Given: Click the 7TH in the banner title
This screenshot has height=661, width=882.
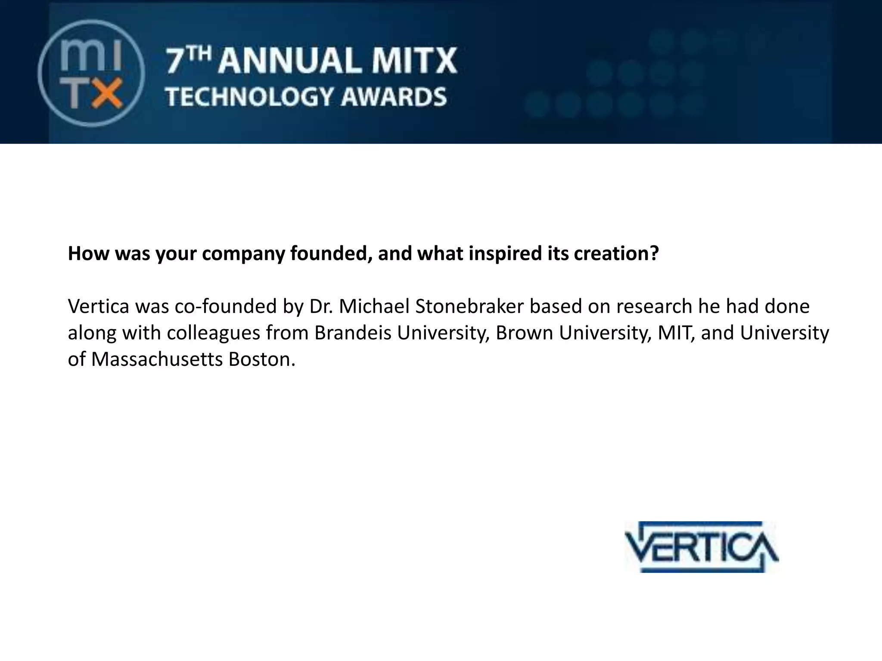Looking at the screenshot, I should [188, 61].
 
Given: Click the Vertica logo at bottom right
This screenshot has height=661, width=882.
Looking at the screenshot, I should [702, 547].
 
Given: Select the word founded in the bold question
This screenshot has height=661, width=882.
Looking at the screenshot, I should [331, 253].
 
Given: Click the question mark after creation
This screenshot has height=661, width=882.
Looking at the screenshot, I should [654, 253].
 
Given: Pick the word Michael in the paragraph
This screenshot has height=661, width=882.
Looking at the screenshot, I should [374, 306].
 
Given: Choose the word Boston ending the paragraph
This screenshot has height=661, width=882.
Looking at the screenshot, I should [261, 359].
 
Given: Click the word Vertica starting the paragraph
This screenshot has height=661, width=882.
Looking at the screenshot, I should [98, 306].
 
